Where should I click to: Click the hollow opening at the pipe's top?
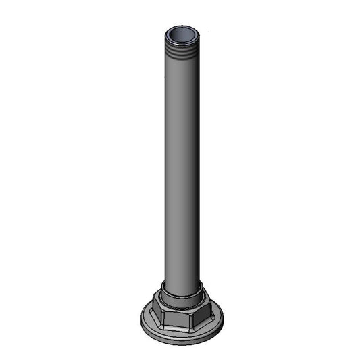(x=182, y=33)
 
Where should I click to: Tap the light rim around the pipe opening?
(x=182, y=26)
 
